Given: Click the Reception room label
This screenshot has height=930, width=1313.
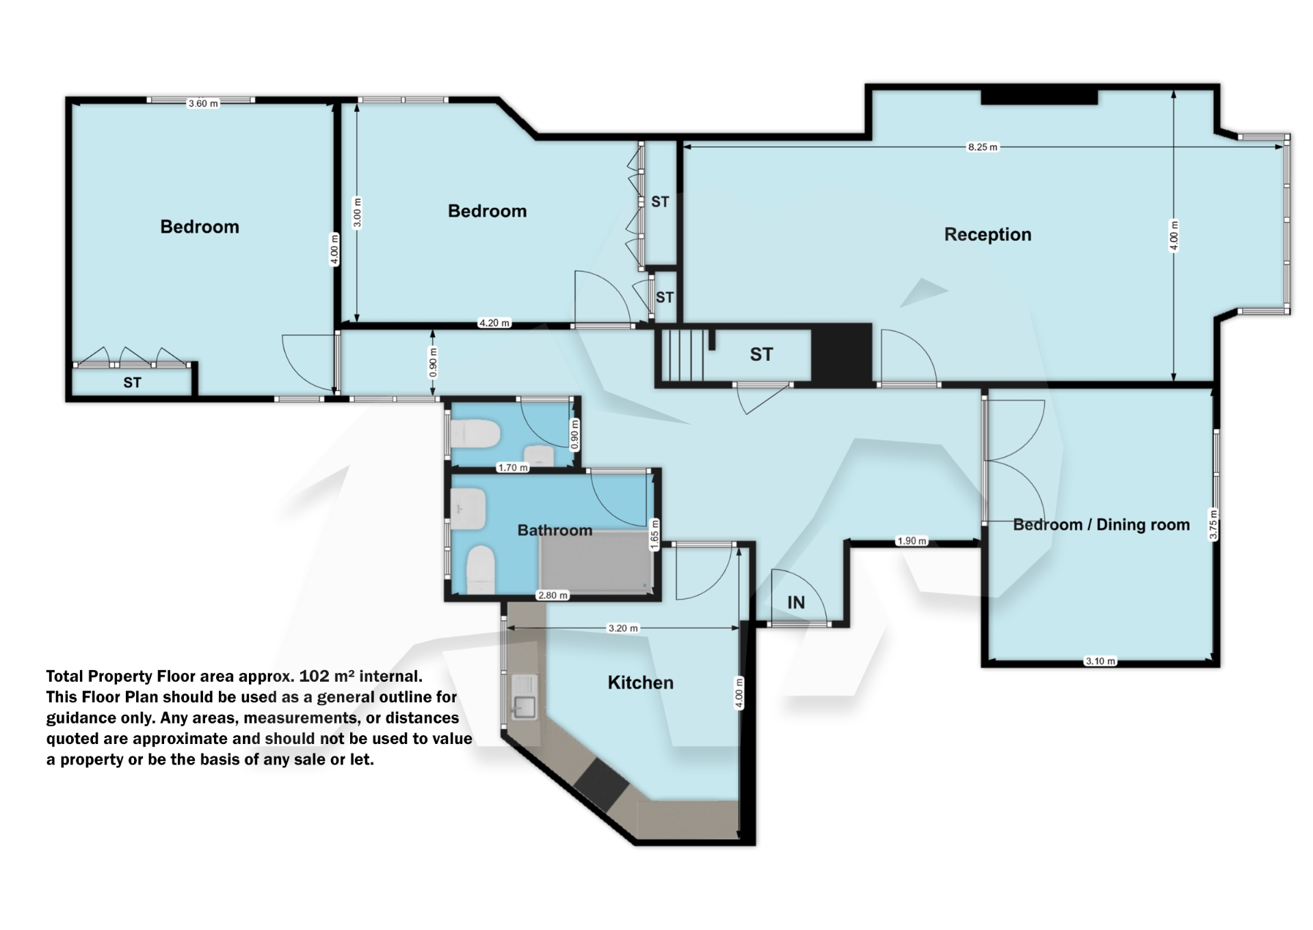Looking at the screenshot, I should (987, 235).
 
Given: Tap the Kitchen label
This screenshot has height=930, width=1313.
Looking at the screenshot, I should (641, 682).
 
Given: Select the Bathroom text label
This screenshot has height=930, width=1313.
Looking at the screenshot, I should (555, 530).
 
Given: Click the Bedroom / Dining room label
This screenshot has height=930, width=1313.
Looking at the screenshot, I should (1101, 524).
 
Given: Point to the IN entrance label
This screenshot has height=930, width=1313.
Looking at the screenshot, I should (796, 602).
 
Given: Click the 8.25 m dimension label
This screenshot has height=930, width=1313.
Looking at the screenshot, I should (982, 147).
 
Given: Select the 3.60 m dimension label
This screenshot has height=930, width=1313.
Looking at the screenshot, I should (203, 104).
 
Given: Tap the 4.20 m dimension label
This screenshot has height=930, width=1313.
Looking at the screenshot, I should (494, 323).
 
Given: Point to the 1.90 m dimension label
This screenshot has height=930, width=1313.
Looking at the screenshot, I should (912, 541).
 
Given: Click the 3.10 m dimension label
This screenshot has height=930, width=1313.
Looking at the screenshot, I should (1100, 661).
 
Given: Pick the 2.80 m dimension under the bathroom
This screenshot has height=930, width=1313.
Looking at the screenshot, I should (553, 596).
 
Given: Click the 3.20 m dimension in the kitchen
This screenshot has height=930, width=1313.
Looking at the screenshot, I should (623, 628).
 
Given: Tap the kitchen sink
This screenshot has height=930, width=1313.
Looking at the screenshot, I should (525, 706).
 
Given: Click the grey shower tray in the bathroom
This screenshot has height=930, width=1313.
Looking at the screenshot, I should (595, 564).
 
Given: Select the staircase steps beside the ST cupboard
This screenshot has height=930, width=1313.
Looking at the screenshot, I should (682, 355).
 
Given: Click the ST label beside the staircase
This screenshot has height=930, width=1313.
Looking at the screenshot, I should (761, 354).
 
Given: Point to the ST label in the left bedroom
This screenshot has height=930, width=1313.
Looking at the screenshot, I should (132, 383).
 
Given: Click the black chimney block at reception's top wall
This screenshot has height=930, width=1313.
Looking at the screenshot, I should (1039, 96).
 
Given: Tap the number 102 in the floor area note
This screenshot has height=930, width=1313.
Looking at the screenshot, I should (314, 676).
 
